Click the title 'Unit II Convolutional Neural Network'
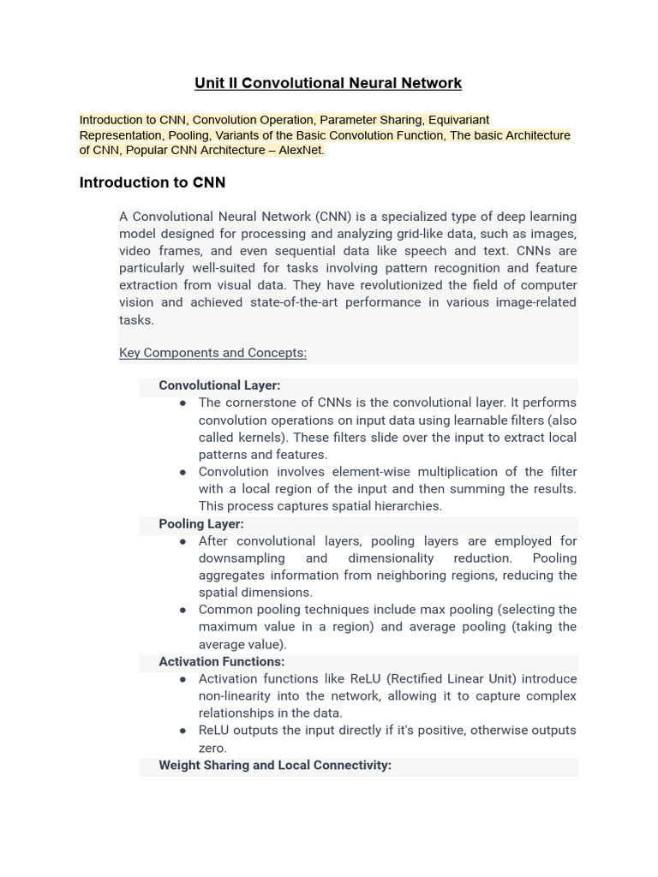(x=328, y=83)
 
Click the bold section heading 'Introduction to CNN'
(x=152, y=182)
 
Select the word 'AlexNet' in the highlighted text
(x=301, y=151)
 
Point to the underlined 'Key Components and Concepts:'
(x=212, y=353)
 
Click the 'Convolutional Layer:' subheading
(x=219, y=385)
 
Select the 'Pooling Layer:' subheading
(x=201, y=523)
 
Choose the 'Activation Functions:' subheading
(x=222, y=661)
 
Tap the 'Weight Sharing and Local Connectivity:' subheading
(x=275, y=765)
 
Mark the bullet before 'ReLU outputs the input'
(x=183, y=731)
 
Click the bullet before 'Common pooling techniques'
(x=183, y=610)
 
